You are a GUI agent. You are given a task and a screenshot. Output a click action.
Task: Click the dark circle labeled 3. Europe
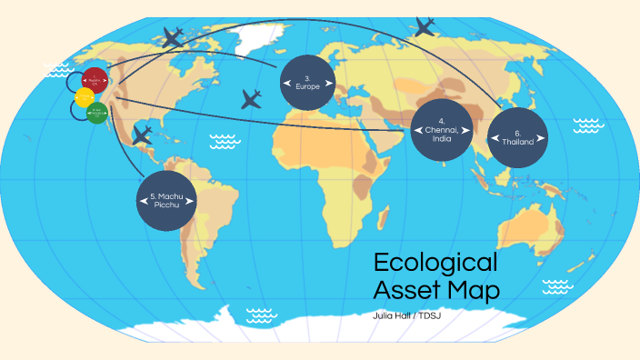[307, 83]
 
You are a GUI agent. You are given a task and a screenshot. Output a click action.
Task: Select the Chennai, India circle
[441, 130]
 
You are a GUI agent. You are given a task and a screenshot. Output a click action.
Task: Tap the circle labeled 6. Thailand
[517, 139]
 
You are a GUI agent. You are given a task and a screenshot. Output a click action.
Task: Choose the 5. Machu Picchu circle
[167, 200]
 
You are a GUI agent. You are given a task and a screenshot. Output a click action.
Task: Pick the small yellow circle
[85, 97]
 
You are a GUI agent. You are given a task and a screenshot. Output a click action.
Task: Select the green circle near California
[97, 113]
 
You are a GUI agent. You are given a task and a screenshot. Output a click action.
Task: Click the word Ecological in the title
[435, 263]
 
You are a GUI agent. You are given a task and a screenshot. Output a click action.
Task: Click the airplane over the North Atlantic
[252, 99]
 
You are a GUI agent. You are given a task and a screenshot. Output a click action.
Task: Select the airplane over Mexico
[141, 135]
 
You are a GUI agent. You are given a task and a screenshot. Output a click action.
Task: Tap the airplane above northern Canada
[172, 37]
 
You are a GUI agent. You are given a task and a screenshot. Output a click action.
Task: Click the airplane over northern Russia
[424, 27]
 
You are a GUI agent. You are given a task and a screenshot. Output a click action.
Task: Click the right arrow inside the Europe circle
[328, 84]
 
